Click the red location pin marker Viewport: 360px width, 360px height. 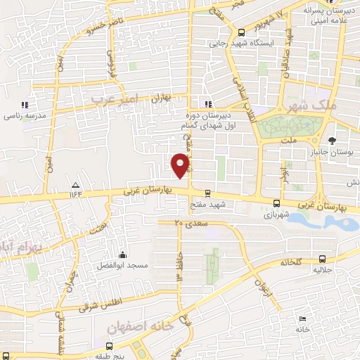(x=181, y=165)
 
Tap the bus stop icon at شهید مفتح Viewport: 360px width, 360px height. (x=207, y=193)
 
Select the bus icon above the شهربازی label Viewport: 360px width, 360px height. (x=275, y=205)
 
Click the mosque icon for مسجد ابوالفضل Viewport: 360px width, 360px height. (x=123, y=254)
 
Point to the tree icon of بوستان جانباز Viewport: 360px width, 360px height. (x=342, y=141)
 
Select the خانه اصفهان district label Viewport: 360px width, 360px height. (x=141, y=328)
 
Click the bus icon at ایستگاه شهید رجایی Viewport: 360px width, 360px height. (x=241, y=32)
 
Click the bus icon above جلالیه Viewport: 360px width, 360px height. (x=321, y=259)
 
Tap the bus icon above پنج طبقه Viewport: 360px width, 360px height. (x=109, y=345)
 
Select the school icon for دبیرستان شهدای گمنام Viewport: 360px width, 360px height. (x=207, y=105)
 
